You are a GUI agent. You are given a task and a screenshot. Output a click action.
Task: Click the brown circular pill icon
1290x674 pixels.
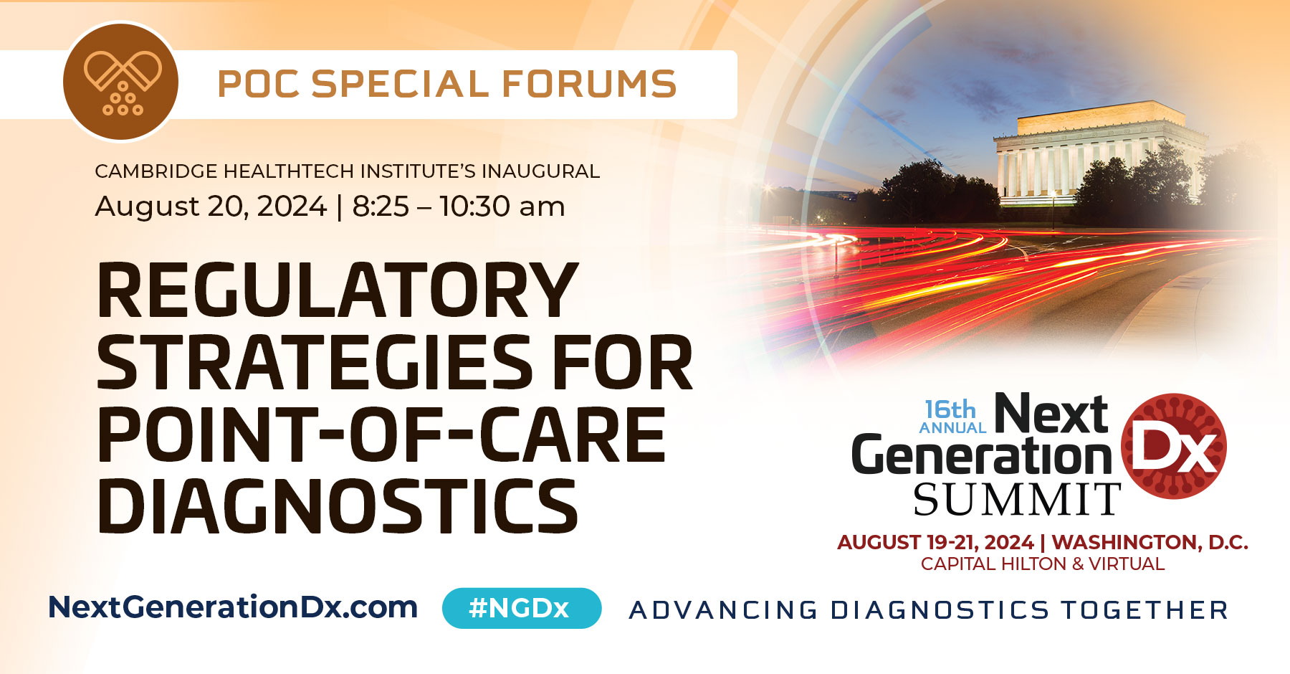[x=121, y=82]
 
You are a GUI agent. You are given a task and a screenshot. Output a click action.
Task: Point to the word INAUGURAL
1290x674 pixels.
[x=540, y=171]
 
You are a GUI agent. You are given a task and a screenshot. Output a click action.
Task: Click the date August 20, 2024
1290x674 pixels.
[x=211, y=207]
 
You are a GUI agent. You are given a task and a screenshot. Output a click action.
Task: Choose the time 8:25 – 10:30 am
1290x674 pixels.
[x=459, y=207]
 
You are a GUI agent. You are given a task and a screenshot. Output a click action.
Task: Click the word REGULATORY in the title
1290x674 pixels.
[x=337, y=290]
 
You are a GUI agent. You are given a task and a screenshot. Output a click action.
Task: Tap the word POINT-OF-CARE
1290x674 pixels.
[x=381, y=435]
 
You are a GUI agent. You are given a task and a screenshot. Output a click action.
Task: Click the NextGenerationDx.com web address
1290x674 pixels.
[x=233, y=607]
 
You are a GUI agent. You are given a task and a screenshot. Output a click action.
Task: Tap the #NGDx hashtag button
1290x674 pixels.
[x=521, y=608]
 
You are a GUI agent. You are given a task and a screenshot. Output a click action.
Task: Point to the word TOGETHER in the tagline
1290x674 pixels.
[x=1145, y=610]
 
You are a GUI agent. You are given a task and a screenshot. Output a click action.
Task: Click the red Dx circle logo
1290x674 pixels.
[x=1174, y=447]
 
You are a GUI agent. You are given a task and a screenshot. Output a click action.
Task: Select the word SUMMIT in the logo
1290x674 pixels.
[x=1017, y=500]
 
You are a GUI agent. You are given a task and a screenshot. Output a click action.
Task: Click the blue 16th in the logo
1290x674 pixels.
[x=950, y=409]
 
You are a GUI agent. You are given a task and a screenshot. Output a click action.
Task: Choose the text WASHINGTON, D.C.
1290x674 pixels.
[x=1150, y=542]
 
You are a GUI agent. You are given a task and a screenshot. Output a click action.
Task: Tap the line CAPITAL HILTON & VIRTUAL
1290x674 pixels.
[x=1043, y=564]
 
